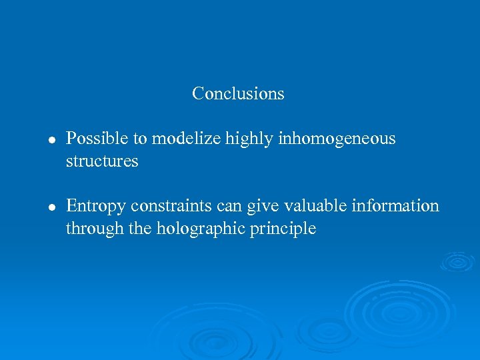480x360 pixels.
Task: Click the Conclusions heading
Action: point(238,93)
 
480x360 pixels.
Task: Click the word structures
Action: point(102,161)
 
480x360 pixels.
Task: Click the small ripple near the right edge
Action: point(458,262)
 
